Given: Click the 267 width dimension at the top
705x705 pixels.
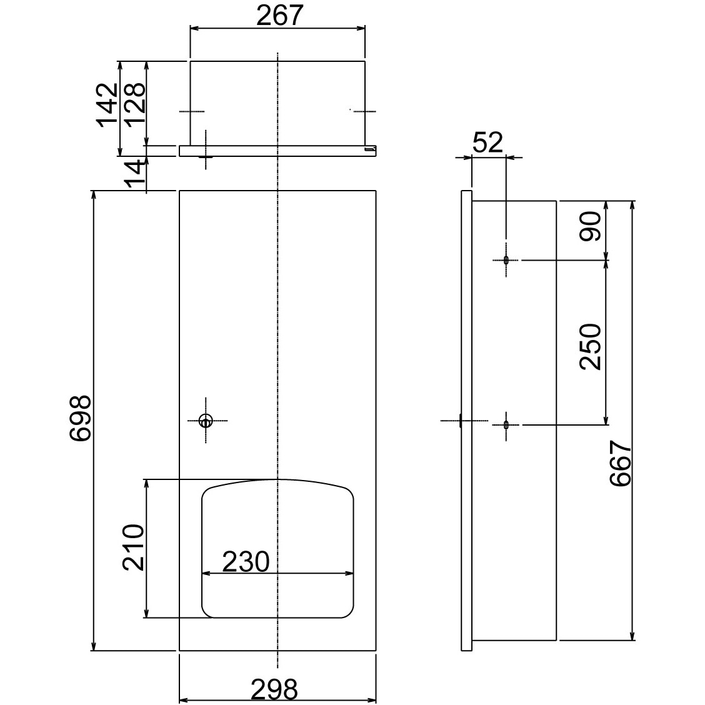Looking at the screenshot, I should pyautogui.click(x=279, y=15).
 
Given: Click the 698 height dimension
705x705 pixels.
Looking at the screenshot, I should pyautogui.click(x=81, y=419).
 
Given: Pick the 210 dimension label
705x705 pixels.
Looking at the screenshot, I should pyautogui.click(x=133, y=547).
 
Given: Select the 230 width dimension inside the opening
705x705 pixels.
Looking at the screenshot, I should pyautogui.click(x=246, y=561).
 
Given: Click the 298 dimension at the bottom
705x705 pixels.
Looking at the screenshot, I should pyautogui.click(x=274, y=690).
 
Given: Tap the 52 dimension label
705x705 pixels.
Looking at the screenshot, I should pyautogui.click(x=487, y=142).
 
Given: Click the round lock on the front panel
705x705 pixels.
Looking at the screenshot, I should pyautogui.click(x=205, y=421).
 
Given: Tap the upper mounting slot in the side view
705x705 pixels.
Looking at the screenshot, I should pyautogui.click(x=506, y=259).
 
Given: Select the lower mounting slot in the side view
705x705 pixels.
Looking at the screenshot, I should pyautogui.click(x=506, y=425).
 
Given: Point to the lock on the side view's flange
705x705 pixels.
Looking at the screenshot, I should pyautogui.click(x=460, y=421).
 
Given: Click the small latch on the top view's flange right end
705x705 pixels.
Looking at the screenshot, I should pyautogui.click(x=371, y=149).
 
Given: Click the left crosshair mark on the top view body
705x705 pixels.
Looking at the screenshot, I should pyautogui.click(x=191, y=111).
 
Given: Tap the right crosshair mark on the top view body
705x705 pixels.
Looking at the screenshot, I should pyautogui.click(x=364, y=111).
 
